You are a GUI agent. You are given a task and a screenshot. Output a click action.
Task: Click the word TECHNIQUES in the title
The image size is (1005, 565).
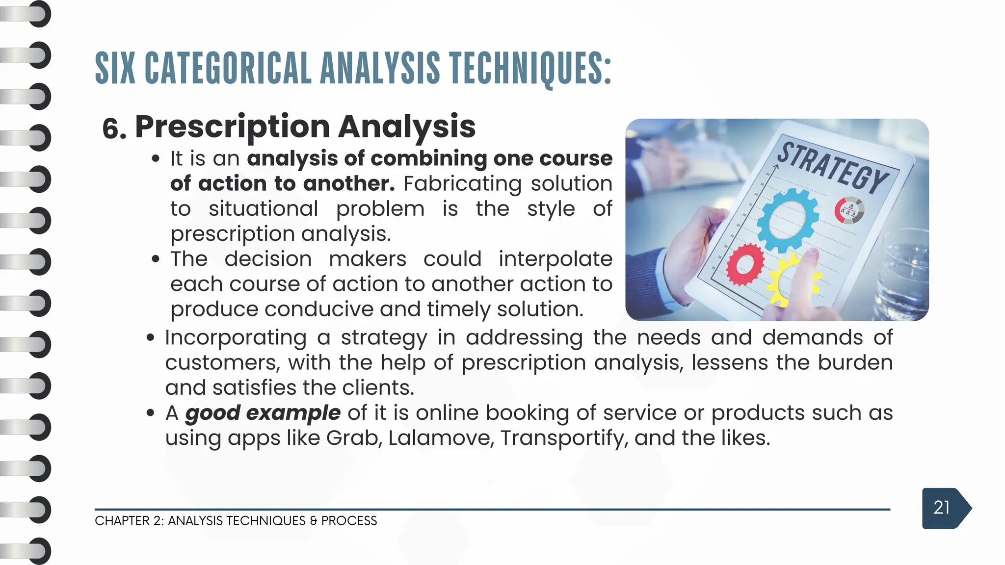coord(530,68)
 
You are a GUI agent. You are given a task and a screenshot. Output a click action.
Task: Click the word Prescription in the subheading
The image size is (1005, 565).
coord(232,127)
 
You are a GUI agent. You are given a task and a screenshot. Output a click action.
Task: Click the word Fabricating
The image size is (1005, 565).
coord(462,183)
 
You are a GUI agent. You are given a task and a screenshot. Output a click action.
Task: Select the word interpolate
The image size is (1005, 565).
coord(555,259)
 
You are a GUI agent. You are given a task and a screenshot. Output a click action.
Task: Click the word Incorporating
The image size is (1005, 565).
coord(236,338)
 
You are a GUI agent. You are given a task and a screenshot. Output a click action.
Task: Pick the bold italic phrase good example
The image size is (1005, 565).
coord(263,412)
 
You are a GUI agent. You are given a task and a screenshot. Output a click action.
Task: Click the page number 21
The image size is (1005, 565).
coord(941,508)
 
